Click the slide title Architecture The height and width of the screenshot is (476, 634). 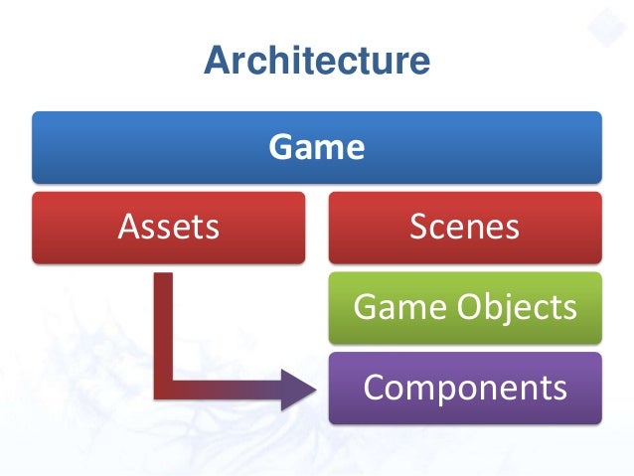[x=316, y=62]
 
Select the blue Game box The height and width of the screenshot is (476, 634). [x=316, y=147]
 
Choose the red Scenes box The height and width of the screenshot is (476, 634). [x=464, y=228]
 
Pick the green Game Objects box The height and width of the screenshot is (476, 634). [x=464, y=307]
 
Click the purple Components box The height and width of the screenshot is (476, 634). [x=464, y=387]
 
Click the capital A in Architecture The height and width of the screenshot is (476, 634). [x=215, y=63]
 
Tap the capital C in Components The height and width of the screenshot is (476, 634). [x=374, y=387]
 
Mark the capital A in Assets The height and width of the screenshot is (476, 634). [x=127, y=228]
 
